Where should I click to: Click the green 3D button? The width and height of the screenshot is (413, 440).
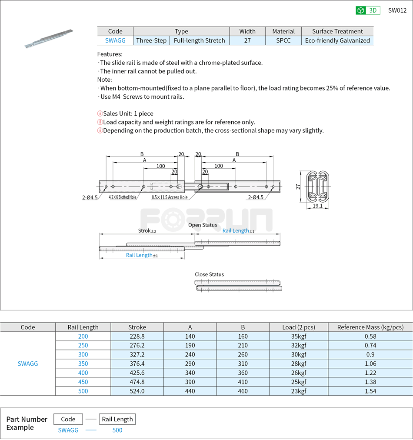[x=368, y=10]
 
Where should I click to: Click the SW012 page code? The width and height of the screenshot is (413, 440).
[x=397, y=10]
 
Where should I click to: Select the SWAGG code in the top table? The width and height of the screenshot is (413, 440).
[x=115, y=40]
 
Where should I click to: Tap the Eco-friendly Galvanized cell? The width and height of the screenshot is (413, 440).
[x=337, y=40]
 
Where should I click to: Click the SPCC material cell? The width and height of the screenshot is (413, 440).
[x=283, y=40]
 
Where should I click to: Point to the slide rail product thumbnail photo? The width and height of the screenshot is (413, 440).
[x=49, y=38]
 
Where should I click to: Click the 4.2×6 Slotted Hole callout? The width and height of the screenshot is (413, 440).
[x=123, y=197]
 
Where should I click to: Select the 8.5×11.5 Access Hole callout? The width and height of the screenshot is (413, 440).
[x=170, y=197]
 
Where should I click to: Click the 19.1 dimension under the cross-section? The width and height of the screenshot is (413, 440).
[x=317, y=206]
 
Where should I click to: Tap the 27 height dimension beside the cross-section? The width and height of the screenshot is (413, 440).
[x=298, y=187]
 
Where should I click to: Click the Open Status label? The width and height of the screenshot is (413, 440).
[x=203, y=225]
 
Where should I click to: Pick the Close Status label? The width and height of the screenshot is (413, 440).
[x=209, y=274]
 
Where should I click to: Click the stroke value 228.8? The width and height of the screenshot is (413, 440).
[x=137, y=336]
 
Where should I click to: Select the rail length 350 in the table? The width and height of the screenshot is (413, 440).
[x=83, y=363]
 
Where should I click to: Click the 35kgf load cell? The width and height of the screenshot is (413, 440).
[x=298, y=336]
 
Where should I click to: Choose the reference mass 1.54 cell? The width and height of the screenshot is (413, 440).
[x=370, y=391]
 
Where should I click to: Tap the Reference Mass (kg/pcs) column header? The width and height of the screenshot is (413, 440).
[x=370, y=327]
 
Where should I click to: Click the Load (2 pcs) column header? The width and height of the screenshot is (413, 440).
[x=298, y=327]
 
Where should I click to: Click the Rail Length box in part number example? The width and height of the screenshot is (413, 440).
[x=117, y=419]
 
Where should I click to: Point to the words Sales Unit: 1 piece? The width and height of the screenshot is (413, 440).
[x=128, y=113]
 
